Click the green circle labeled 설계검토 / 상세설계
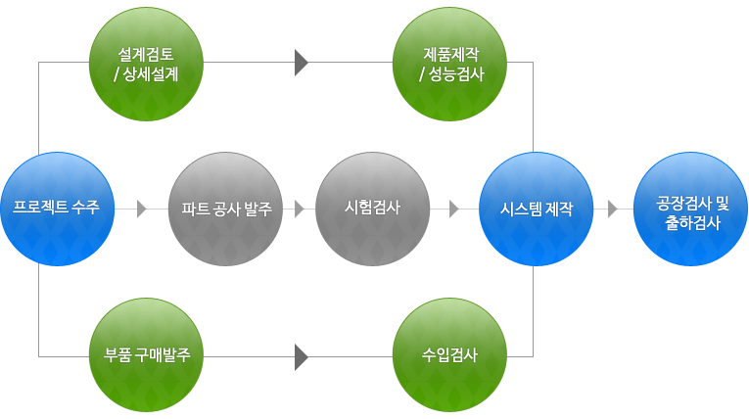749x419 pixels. point(146,63)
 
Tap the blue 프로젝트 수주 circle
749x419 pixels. point(57,209)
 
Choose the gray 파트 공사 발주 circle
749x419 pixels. point(226,209)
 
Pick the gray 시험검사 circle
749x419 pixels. point(373,209)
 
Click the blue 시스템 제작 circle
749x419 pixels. point(536,209)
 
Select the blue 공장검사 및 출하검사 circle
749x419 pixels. point(692,209)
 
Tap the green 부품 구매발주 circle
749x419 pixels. point(146,354)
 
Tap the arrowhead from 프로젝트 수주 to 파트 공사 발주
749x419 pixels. point(142,209)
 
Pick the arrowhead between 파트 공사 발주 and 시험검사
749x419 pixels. point(300,209)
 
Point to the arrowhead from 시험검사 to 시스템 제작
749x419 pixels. point(454,209)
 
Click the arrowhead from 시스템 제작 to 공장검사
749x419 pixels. point(612,209)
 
